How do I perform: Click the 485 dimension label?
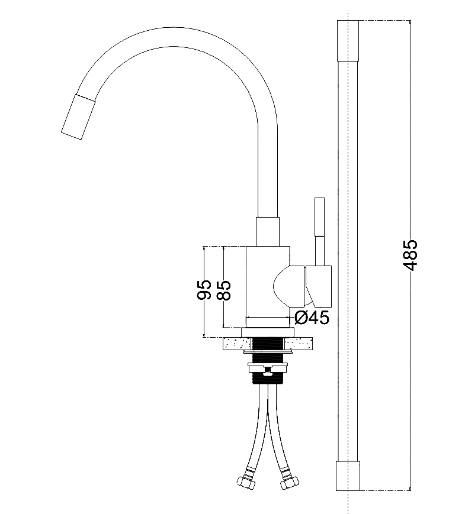(x=410, y=256)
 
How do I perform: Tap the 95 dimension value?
(x=204, y=290)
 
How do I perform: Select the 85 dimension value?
(x=224, y=290)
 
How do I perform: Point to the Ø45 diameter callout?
(x=312, y=317)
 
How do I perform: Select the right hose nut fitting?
(x=290, y=482)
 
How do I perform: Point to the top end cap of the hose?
(x=348, y=41)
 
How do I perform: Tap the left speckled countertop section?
(x=236, y=344)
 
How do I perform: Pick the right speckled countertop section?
(x=299, y=344)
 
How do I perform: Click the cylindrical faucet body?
(x=263, y=286)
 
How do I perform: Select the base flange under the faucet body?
(x=267, y=332)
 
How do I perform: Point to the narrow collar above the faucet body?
(x=268, y=231)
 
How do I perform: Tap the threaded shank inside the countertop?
(x=268, y=344)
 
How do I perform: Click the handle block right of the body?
(x=319, y=286)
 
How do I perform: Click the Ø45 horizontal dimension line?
(x=268, y=317)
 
